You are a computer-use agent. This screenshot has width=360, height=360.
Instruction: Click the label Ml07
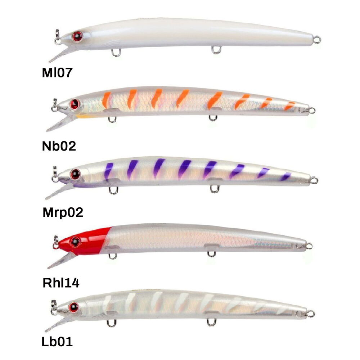point(57,73)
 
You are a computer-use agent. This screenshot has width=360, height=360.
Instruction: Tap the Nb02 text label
point(59,146)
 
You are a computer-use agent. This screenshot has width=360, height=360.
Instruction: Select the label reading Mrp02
point(63,213)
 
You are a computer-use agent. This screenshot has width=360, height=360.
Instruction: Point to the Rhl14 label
point(61,283)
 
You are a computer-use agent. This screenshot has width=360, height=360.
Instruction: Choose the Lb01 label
point(57,341)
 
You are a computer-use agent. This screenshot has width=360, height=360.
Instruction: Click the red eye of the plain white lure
point(77,36)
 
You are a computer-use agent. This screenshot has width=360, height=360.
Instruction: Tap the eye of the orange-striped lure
point(75,104)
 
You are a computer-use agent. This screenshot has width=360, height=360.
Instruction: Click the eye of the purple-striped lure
point(75,174)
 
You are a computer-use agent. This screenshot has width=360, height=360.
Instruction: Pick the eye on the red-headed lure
point(75,242)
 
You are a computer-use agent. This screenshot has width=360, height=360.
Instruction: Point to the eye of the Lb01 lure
point(74,307)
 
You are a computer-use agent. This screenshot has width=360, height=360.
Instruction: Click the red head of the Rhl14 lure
point(85,240)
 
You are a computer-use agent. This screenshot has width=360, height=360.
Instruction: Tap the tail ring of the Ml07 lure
point(317,40)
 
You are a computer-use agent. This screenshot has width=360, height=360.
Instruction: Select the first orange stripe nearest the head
point(106,100)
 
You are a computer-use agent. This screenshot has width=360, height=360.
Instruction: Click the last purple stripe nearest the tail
point(286,176)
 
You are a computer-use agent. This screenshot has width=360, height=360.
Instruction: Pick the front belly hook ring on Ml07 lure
point(116,53)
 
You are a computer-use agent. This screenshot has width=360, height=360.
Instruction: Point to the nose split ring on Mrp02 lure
point(55,176)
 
